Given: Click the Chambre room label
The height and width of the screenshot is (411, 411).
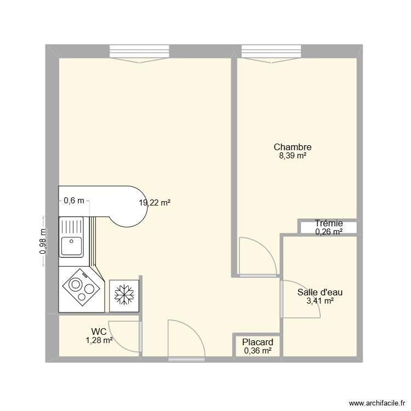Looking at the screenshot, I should (x=293, y=147).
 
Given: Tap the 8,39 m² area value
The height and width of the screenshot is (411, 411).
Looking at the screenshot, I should (x=293, y=156).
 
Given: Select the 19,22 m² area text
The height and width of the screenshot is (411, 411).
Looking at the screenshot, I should (x=155, y=203).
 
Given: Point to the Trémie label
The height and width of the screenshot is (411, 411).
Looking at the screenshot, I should (x=329, y=223).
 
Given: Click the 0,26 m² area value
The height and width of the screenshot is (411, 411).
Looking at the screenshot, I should (x=329, y=232).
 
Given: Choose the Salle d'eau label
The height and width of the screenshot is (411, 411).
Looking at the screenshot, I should (x=320, y=292).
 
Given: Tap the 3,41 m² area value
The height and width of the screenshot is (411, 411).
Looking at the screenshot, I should (x=320, y=301).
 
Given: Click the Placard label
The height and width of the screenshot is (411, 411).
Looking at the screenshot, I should (x=258, y=342).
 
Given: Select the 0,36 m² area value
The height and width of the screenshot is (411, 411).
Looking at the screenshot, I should (x=258, y=351).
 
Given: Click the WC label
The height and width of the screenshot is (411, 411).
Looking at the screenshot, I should (x=99, y=332).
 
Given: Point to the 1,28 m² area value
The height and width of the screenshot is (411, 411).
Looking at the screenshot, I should (x=99, y=340).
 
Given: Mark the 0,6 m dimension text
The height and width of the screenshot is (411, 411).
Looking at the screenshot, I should (x=74, y=201).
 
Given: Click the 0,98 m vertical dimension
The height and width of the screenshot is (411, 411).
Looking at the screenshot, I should (x=43, y=242).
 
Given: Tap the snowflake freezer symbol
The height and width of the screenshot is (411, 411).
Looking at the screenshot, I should (x=124, y=295).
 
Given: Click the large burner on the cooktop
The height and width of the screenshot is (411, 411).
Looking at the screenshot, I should (x=75, y=286).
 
